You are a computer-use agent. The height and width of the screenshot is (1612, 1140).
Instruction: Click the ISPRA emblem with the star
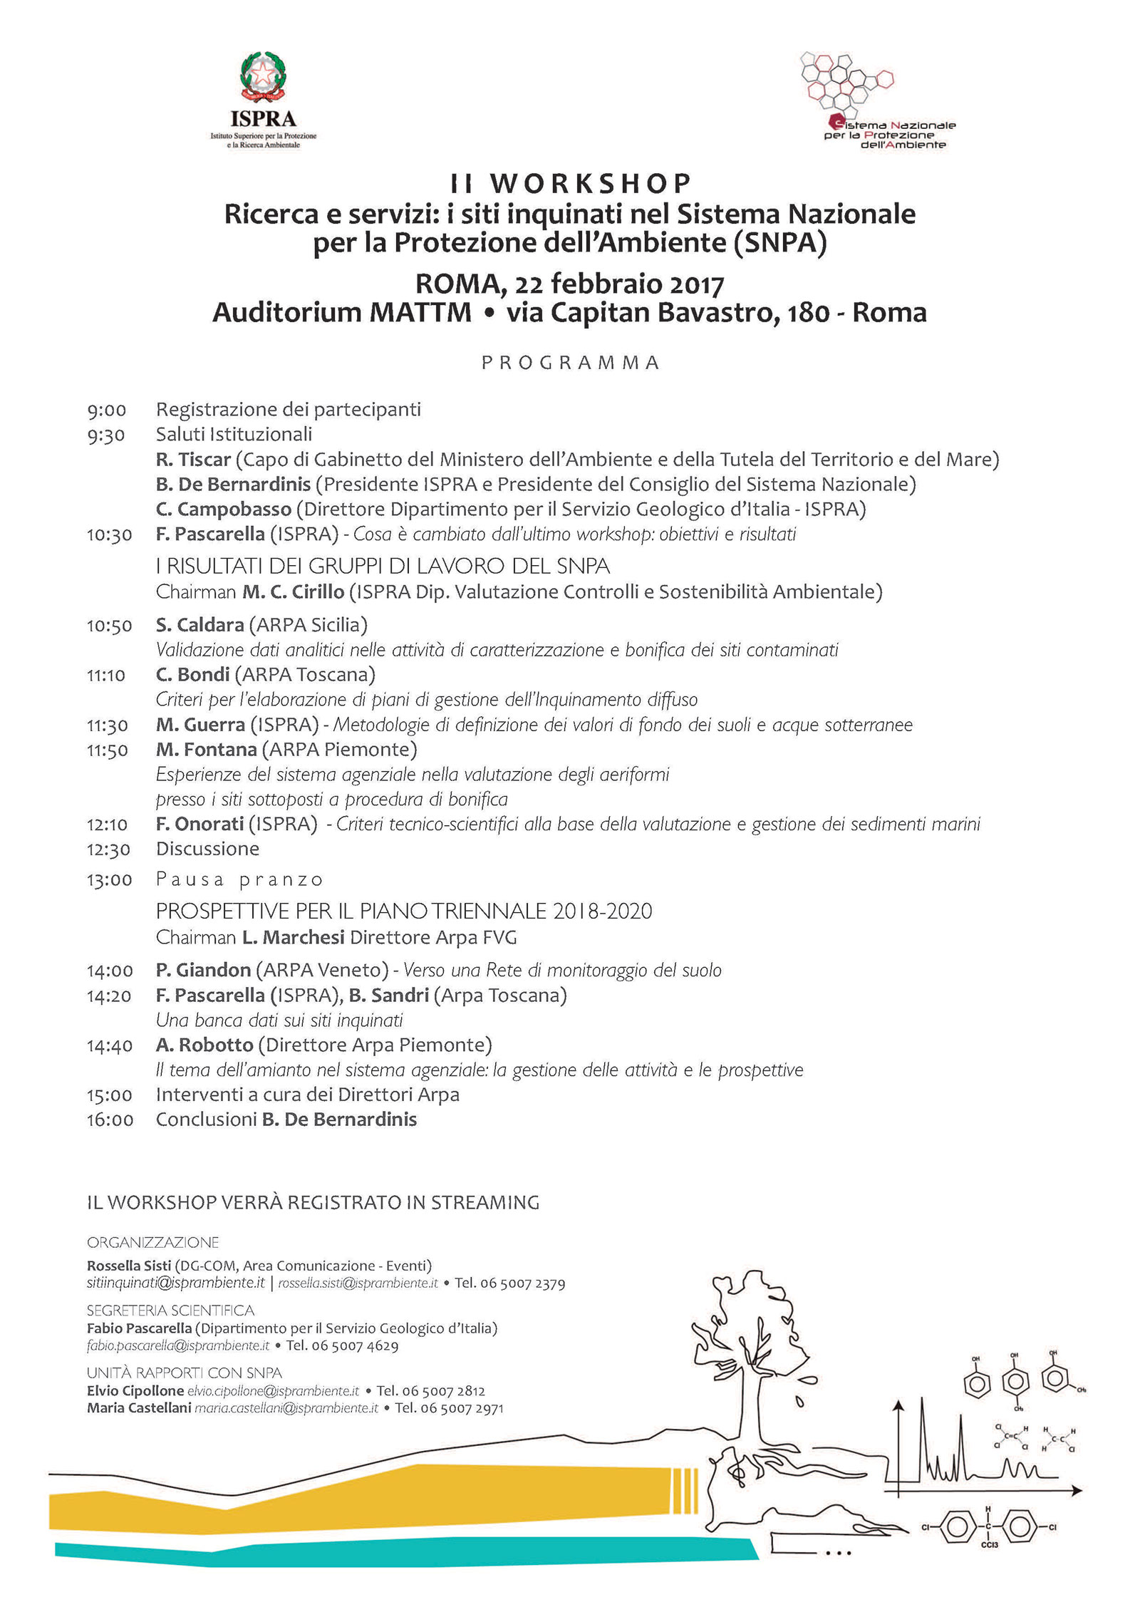(263, 76)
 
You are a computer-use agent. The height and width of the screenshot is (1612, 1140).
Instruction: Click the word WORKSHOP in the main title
(591, 184)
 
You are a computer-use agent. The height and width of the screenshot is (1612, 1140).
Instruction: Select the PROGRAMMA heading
(570, 363)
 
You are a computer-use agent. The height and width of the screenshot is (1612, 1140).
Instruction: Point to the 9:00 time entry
(107, 410)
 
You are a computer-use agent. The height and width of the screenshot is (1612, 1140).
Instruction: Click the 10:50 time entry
(110, 626)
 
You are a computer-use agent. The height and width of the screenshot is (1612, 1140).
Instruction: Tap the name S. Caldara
(200, 625)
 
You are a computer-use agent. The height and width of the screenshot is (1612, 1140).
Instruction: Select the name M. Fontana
(207, 750)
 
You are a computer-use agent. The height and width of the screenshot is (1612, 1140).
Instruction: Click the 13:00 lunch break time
(110, 880)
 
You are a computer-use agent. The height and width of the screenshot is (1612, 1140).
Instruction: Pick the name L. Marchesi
(294, 937)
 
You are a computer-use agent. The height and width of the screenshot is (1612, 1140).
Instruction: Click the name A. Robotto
(205, 1045)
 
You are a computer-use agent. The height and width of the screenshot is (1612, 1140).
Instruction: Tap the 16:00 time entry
(110, 1120)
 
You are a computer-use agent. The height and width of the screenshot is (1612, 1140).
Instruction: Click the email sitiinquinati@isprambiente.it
(176, 1283)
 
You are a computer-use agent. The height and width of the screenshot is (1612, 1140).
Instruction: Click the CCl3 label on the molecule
(990, 1545)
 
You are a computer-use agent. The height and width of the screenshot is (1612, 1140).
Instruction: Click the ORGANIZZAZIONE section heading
(152, 1243)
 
